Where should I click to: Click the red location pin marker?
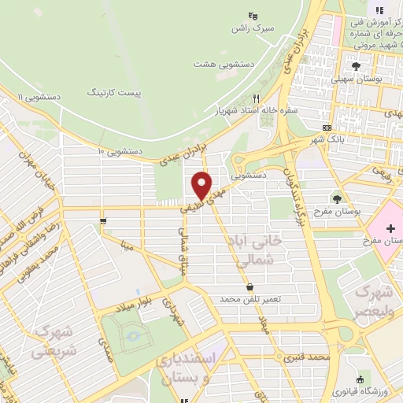coord(203,186)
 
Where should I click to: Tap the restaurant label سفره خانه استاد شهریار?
coord(257,111)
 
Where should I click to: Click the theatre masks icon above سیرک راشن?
coord(252,15)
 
